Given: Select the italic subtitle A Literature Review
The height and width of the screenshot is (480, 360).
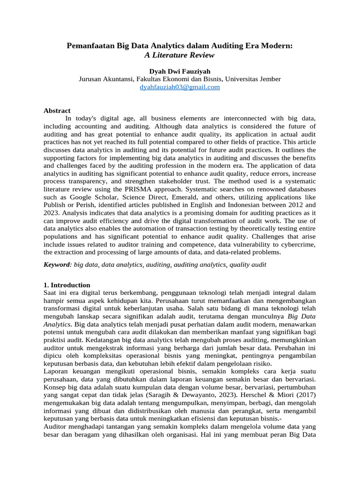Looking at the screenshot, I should click(x=180, y=55).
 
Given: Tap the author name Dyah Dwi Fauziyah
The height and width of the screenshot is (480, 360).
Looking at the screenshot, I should click(x=180, y=71).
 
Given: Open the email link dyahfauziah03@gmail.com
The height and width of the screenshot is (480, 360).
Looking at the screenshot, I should click(x=180, y=87).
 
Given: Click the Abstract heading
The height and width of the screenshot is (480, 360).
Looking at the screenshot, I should click(x=57, y=111).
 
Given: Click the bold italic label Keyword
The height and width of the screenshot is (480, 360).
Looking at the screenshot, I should click(x=56, y=264).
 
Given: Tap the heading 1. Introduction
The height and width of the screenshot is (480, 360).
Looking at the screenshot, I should click(x=67, y=285).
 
